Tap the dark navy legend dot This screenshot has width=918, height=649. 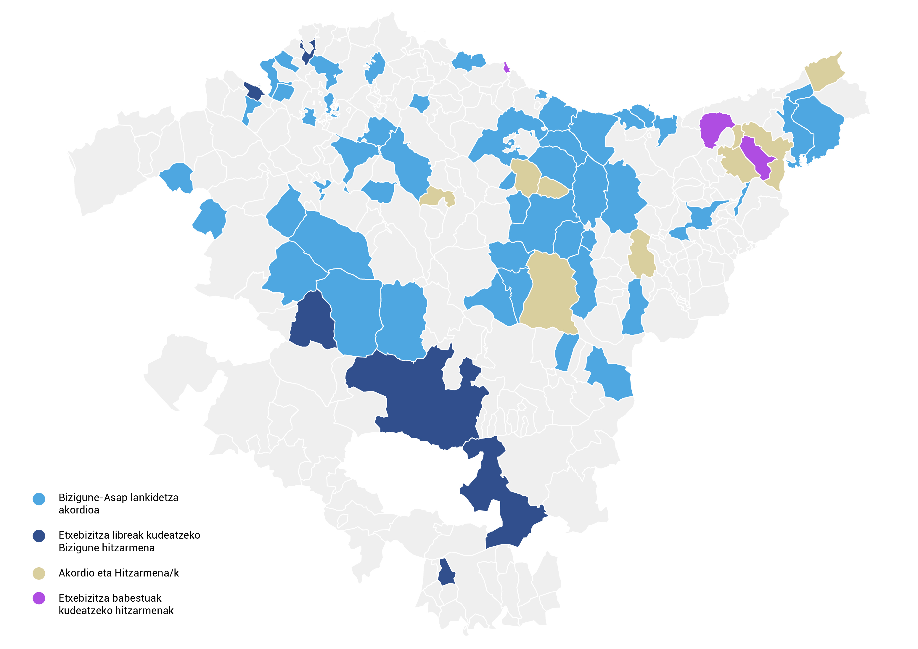[39, 536]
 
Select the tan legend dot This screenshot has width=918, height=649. [39, 574]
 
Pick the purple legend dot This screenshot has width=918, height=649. [39, 598]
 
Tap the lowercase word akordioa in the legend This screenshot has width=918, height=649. [79, 510]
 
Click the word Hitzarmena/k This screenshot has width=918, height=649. [147, 573]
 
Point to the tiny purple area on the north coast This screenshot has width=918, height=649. [506, 67]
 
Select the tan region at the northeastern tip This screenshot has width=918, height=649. [824, 72]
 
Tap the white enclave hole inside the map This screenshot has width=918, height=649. [408, 479]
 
